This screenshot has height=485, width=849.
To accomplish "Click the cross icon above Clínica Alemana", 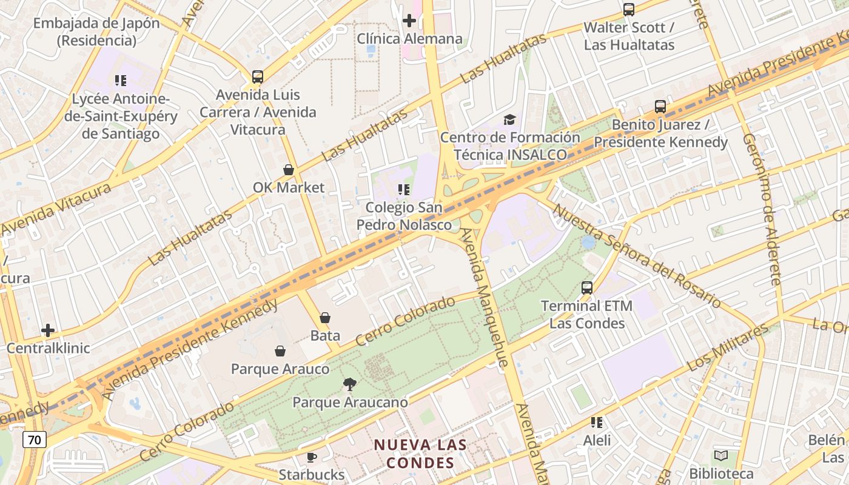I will (x=409, y=21).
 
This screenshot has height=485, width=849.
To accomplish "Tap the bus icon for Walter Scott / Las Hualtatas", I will (x=629, y=10).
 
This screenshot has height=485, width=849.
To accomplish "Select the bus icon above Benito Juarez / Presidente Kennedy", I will (x=660, y=107).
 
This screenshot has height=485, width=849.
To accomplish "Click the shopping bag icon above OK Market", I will (x=289, y=170).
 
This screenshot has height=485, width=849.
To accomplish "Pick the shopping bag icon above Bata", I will (x=325, y=318).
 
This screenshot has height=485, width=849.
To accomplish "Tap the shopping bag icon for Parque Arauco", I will (x=280, y=351).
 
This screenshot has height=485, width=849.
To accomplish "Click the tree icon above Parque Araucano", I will (x=349, y=384).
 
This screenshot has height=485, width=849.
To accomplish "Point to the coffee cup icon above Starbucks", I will (x=312, y=457).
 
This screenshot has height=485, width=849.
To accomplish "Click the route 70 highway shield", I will (x=35, y=440).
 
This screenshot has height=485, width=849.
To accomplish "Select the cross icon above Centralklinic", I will (x=48, y=330).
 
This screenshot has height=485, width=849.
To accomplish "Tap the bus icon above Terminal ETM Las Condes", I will (x=587, y=288).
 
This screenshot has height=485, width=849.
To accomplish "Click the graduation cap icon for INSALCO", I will (x=509, y=119).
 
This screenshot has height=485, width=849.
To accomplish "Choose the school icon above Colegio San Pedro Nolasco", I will (x=404, y=190).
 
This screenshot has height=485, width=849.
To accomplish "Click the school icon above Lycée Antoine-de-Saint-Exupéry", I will (x=120, y=80).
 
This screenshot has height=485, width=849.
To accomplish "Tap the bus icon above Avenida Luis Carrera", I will (x=258, y=77).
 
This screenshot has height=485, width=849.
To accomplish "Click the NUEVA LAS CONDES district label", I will (x=420, y=454).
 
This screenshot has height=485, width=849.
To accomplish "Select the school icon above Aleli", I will (x=597, y=422).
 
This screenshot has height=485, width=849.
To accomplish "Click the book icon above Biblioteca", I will (x=721, y=455).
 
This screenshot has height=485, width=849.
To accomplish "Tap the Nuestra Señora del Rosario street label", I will (x=637, y=256).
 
